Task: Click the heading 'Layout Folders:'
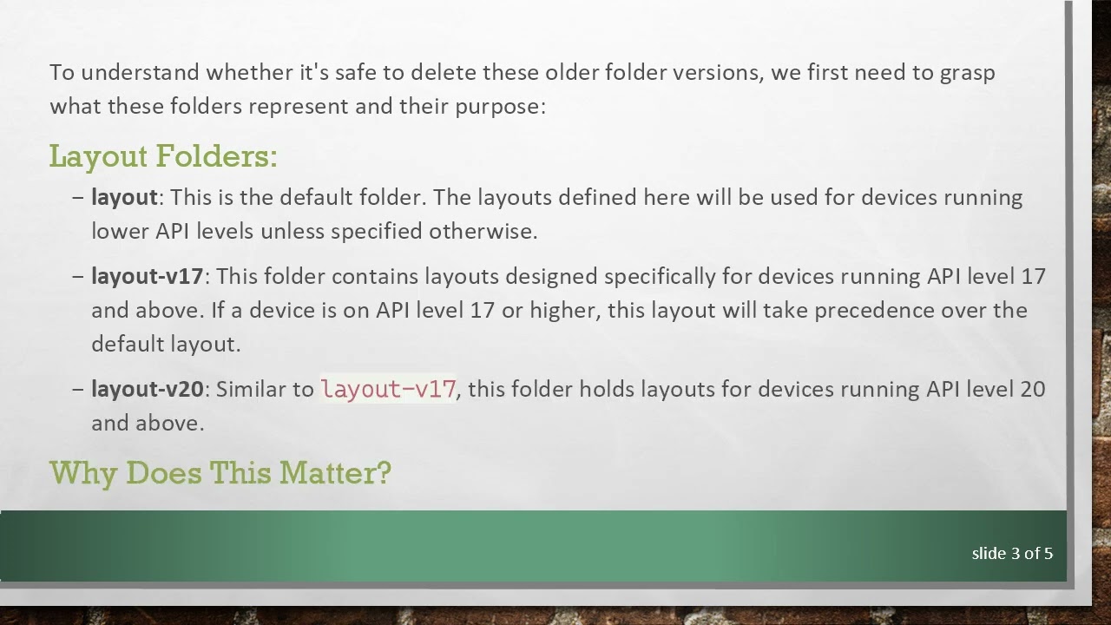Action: (163, 156)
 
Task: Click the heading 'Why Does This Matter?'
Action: (220, 473)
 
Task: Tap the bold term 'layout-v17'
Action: (147, 276)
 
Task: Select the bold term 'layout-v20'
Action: (147, 389)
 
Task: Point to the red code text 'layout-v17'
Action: (388, 389)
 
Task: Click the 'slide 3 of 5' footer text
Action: (1012, 553)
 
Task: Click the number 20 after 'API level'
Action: (1032, 389)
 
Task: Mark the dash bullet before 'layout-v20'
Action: (78, 389)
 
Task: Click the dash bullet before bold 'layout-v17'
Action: (78, 276)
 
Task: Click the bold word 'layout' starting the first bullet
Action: (124, 197)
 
